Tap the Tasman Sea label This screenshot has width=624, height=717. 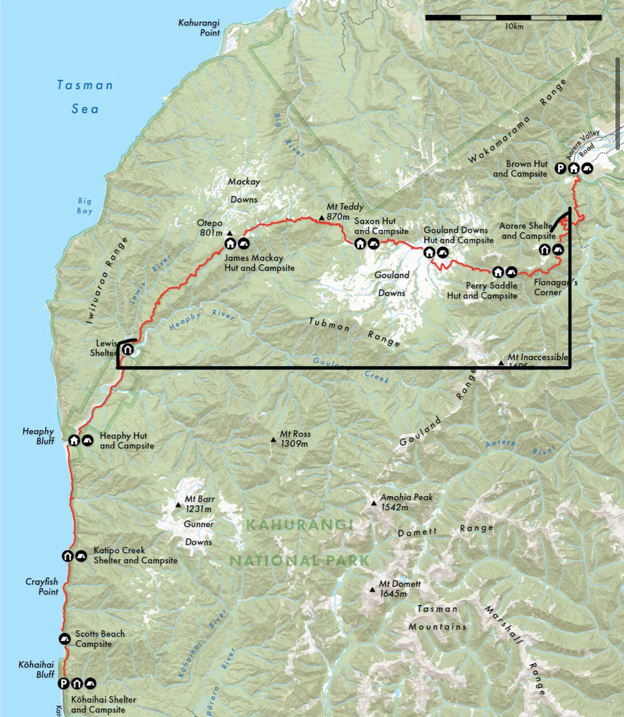85,97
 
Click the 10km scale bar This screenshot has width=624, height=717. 513,18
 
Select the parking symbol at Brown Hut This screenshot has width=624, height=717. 560,168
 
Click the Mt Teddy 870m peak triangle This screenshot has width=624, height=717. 321,217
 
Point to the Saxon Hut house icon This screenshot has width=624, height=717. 360,243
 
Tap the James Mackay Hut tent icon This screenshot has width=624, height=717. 243,243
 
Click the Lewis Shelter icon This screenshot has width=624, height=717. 127,350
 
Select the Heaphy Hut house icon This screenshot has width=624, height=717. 74,440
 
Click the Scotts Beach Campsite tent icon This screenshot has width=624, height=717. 64,639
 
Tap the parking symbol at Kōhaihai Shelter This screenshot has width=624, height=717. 63,683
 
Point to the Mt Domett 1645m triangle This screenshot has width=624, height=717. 372,589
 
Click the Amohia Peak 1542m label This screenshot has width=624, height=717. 406,502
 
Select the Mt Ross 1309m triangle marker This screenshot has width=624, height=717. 273,440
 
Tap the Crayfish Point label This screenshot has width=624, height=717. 42,586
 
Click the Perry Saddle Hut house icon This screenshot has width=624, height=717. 498,272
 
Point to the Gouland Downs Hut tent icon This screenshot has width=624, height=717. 443,253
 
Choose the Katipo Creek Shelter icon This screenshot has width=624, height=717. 68,556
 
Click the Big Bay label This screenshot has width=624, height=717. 85,206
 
